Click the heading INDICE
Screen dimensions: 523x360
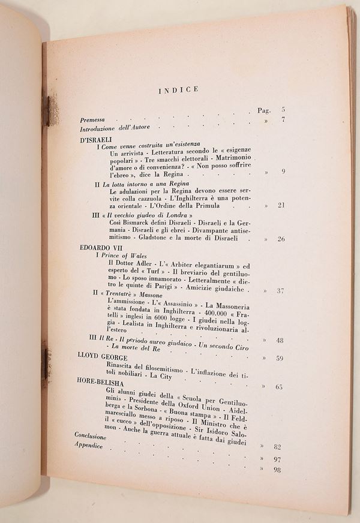pyautogui.click(x=178, y=91)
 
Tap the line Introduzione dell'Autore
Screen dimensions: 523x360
pyautogui.click(x=115, y=129)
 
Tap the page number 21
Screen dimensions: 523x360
pyautogui.click(x=280, y=206)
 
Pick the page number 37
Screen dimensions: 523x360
pyautogui.click(x=280, y=291)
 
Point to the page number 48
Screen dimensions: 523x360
pyautogui.click(x=280, y=340)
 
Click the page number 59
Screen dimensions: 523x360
pyautogui.click(x=279, y=359)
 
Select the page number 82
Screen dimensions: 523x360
pyautogui.click(x=277, y=447)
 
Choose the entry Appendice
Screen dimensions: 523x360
pyautogui.click(x=89, y=446)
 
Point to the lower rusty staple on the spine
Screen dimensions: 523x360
pyautogui.click(x=46, y=363)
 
